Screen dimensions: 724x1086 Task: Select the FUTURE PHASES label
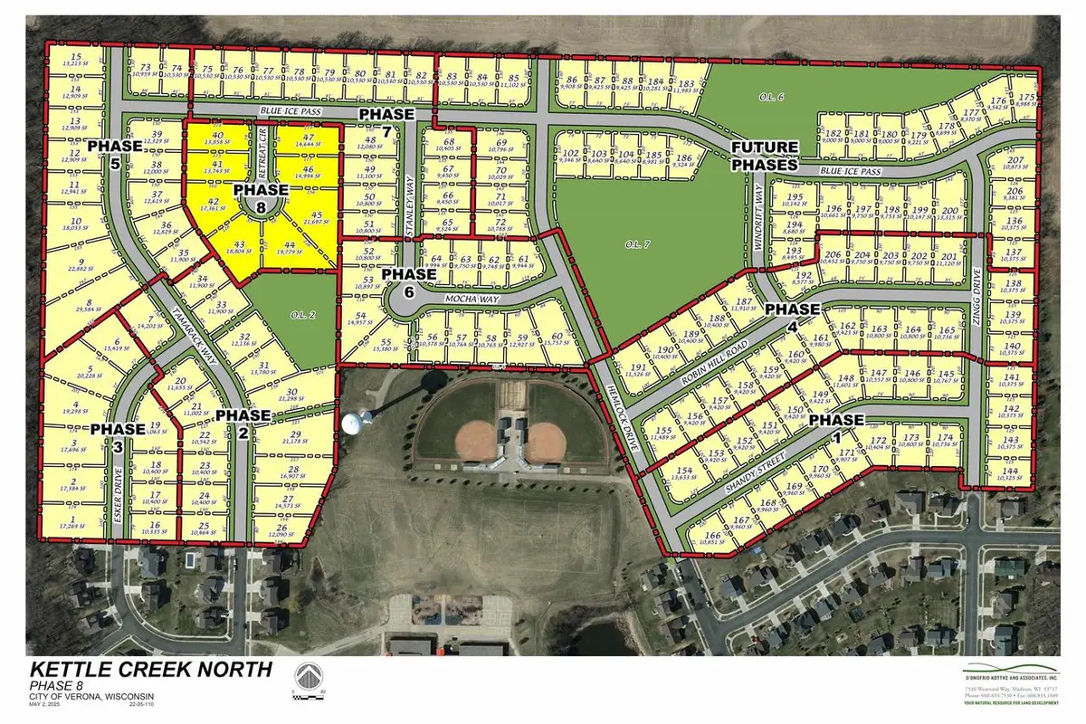pos(765,156)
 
